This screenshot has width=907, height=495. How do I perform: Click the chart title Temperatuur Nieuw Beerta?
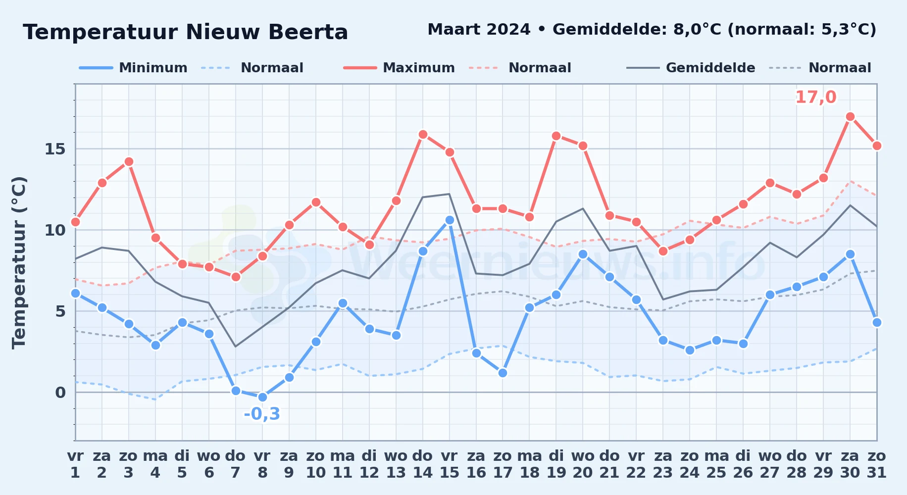tap(186, 32)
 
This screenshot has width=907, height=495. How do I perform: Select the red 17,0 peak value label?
tap(815, 98)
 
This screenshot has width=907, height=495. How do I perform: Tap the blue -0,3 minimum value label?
tap(262, 414)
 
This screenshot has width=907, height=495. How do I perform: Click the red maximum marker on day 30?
tap(850, 117)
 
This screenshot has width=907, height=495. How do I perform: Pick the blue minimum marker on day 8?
tap(262, 397)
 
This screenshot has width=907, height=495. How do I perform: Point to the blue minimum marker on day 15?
tap(450, 220)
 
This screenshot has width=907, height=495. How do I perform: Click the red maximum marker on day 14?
tap(423, 135)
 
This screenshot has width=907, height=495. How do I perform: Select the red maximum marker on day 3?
tap(129, 162)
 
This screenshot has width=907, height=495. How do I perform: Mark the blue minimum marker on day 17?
tap(503, 373)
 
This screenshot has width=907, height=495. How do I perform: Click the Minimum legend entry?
tap(133, 68)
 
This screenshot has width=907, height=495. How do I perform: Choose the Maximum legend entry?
tap(399, 68)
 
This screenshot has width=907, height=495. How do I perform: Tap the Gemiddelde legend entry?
tap(691, 68)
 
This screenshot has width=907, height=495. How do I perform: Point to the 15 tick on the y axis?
tap(55, 149)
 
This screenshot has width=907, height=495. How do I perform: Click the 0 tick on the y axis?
tap(60, 393)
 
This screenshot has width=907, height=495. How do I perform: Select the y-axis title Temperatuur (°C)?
tap(19, 262)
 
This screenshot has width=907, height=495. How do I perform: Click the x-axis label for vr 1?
tap(75, 464)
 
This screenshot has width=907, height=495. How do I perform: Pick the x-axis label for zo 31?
tap(877, 464)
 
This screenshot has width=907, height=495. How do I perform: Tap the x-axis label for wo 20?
tap(583, 464)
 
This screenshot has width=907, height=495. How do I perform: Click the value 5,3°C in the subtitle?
tap(849, 30)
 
